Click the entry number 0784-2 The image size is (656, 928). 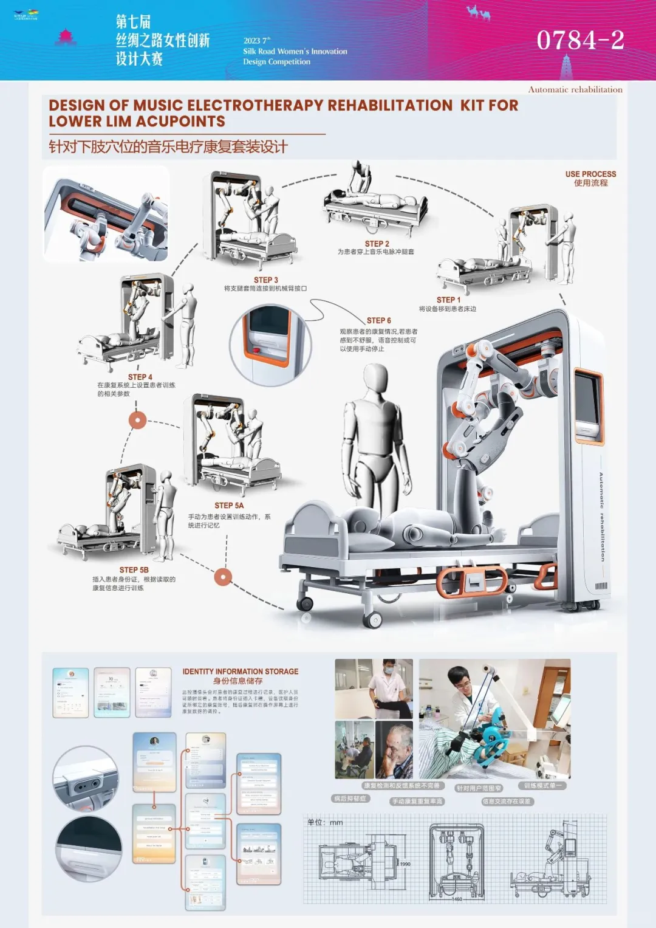(x=580, y=41)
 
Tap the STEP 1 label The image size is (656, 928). (x=448, y=300)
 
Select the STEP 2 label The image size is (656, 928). (x=377, y=244)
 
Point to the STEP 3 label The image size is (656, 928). (x=265, y=280)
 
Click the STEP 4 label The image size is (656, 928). (x=140, y=377)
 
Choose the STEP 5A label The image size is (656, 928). (x=229, y=505)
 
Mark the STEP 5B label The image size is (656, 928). (x=134, y=570)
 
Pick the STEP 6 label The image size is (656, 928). (x=378, y=320)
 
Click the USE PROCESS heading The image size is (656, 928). (x=590, y=174)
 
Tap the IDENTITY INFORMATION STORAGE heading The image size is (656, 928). (x=240, y=672)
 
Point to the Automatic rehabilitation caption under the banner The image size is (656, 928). (x=575, y=89)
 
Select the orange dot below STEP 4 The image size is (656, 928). (x=138, y=420)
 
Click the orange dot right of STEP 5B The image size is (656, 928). (x=223, y=577)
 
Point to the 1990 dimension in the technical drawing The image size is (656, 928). (x=405, y=864)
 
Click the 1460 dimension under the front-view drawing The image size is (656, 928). (x=457, y=899)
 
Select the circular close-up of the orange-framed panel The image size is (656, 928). (x=270, y=345)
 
